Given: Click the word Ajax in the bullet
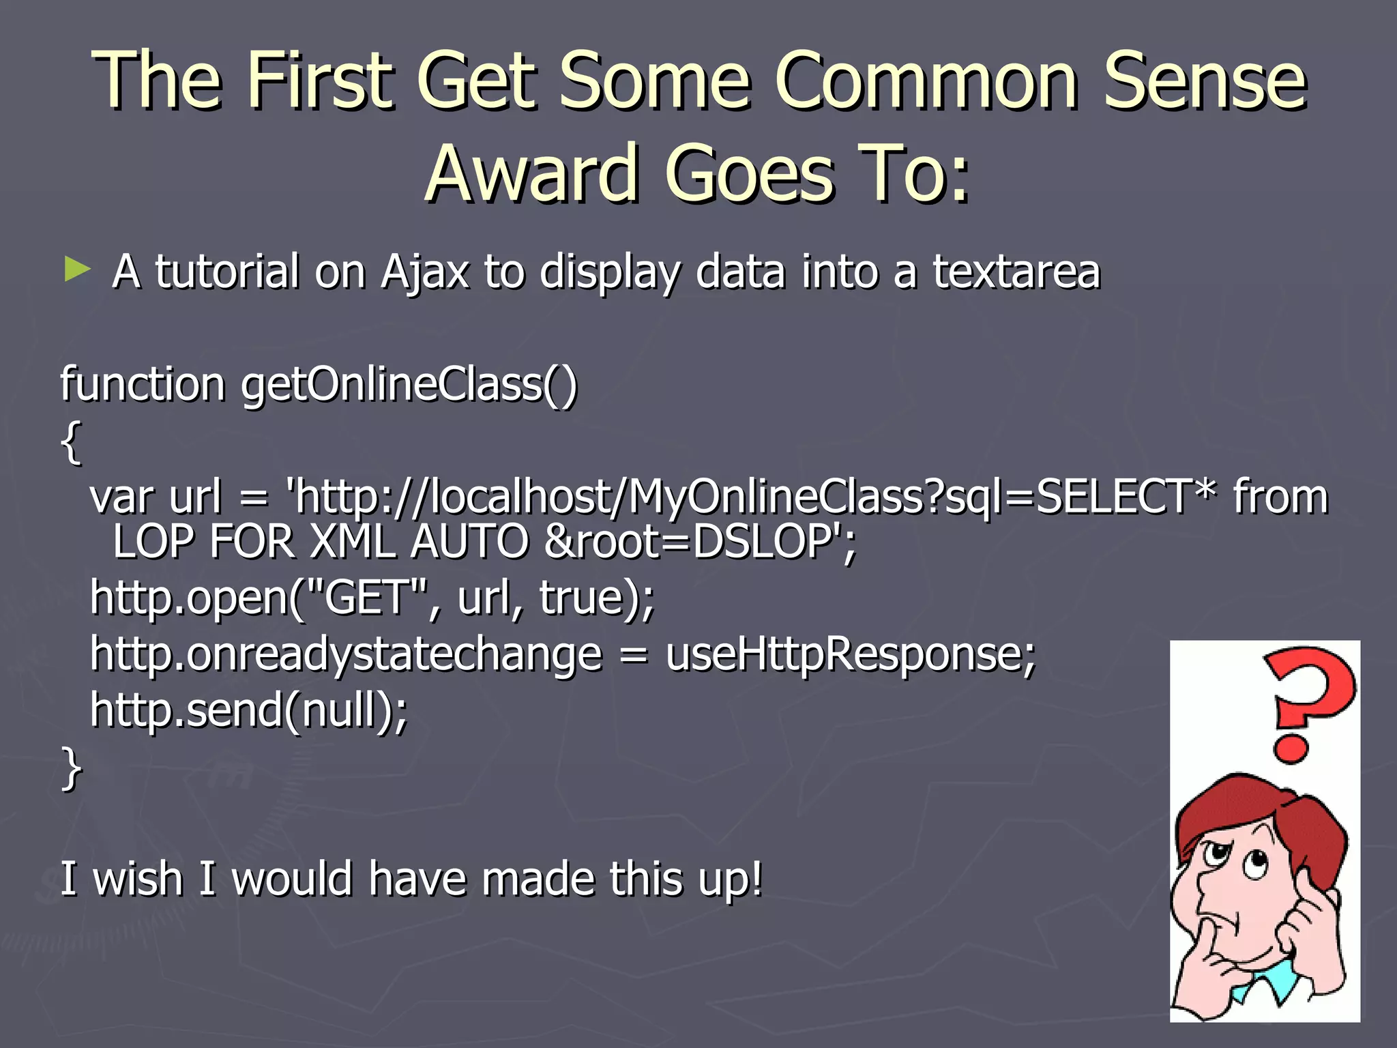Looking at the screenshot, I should pyautogui.click(x=425, y=273).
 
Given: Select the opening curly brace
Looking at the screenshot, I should pyautogui.click(x=71, y=442).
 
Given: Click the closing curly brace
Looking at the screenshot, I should pyautogui.click(x=71, y=768).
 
